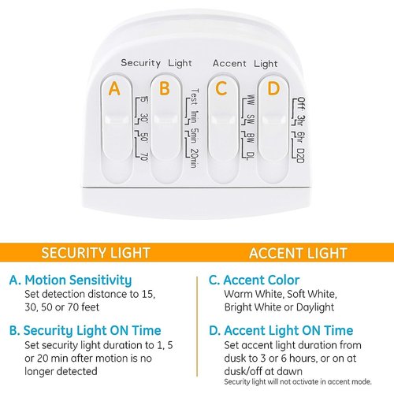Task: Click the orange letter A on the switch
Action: point(114,88)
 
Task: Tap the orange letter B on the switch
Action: point(165,88)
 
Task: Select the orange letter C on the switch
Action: point(221,88)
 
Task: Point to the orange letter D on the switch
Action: point(273,88)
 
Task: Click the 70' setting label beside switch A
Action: point(144,157)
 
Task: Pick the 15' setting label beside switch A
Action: point(144,100)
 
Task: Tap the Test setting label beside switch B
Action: point(195,97)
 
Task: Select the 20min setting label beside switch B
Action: point(195,158)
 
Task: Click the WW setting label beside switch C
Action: point(251,100)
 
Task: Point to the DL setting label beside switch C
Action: point(251,156)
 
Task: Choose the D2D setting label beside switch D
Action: point(301,156)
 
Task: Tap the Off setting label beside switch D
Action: point(302,103)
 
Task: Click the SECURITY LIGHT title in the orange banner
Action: point(95,253)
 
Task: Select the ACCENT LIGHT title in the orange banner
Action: point(298,253)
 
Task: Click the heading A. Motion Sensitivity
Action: point(70,281)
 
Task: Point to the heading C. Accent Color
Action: point(254,280)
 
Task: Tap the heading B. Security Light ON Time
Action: point(85,331)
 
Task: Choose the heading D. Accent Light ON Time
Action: point(281,331)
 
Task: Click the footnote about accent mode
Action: point(298,382)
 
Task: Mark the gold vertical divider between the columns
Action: point(197,326)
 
